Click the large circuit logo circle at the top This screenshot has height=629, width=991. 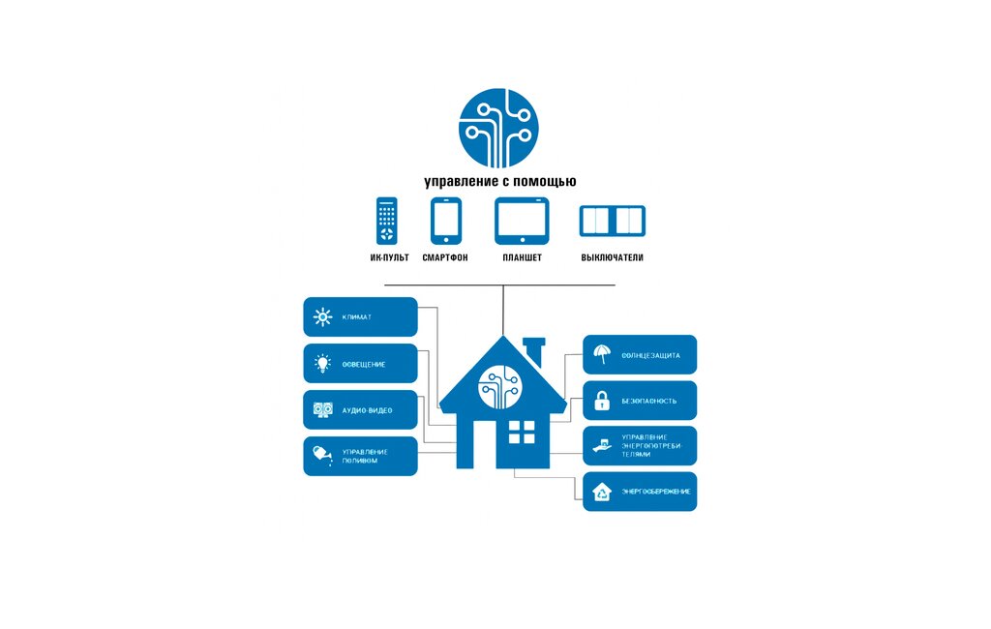click(x=498, y=129)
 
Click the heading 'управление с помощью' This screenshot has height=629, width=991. click(x=500, y=182)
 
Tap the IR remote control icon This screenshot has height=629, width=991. click(x=387, y=222)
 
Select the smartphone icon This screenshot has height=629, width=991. click(x=445, y=222)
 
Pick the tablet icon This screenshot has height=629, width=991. click(x=522, y=221)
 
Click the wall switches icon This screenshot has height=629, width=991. click(x=612, y=221)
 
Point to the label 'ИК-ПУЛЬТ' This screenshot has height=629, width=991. click(x=389, y=257)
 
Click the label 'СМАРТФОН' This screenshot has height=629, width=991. click(x=445, y=257)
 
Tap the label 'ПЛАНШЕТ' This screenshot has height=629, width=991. click(x=522, y=257)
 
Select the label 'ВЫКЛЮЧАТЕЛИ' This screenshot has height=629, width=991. click(x=612, y=257)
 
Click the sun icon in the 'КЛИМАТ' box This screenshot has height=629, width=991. click(x=323, y=316)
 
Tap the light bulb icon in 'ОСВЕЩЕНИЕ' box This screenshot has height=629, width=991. click(x=323, y=364)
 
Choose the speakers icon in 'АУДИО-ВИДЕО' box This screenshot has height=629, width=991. click(x=323, y=410)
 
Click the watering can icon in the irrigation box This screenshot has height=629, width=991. click(x=321, y=455)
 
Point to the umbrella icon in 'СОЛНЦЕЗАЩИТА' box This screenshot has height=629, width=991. click(x=601, y=354)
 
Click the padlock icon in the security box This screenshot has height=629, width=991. click(x=601, y=400)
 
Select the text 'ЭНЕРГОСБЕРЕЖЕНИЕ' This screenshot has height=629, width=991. click(x=656, y=492)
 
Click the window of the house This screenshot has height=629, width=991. click(x=522, y=432)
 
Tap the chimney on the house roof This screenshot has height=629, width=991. click(x=533, y=347)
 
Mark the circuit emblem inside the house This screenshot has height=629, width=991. click(x=500, y=385)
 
